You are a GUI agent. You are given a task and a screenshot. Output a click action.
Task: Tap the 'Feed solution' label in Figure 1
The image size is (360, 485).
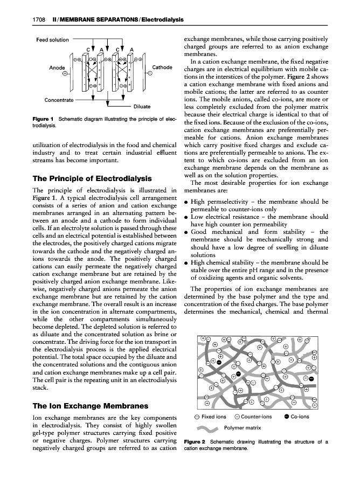tap(52, 40)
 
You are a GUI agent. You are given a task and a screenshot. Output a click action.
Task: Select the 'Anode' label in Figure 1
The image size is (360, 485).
tap(57, 68)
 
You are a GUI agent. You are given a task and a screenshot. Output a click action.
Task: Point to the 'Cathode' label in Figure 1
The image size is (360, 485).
tap(162, 67)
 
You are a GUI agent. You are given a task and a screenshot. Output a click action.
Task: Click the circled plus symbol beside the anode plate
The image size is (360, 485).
tap(65, 75)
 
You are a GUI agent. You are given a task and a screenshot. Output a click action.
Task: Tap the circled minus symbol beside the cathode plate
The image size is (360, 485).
tap(154, 75)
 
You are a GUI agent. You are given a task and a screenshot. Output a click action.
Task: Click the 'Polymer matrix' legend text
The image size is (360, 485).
tap(243, 428)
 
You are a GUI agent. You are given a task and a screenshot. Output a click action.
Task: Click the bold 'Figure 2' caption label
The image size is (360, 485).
tap(195, 442)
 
